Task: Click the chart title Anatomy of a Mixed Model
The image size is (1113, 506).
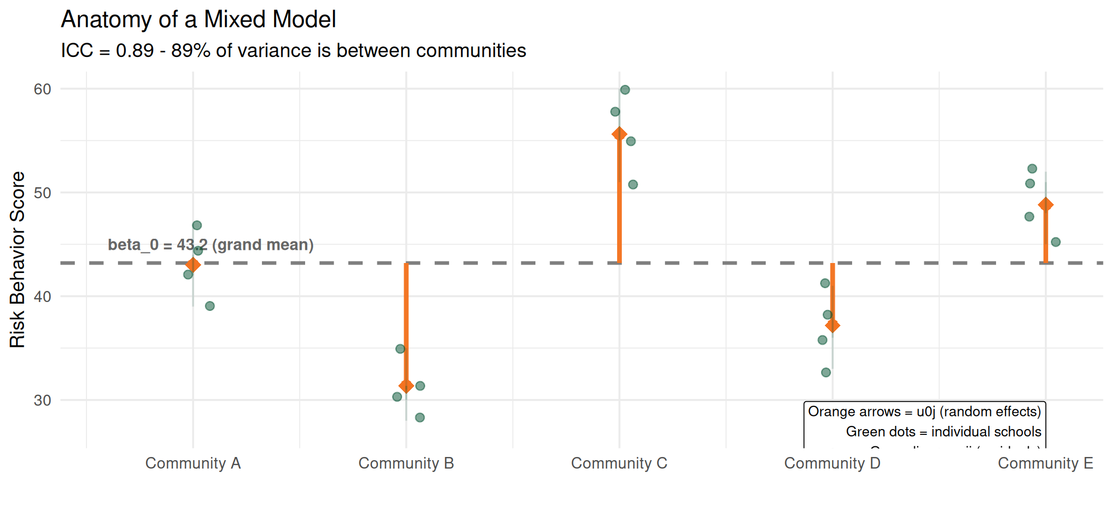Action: (x=198, y=20)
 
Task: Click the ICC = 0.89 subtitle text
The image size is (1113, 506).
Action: (x=293, y=51)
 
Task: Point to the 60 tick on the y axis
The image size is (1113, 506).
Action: (x=43, y=89)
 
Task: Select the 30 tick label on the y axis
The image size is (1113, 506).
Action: (x=43, y=400)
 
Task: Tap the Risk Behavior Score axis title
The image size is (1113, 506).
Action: (x=17, y=259)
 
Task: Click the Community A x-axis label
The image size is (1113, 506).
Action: (x=193, y=463)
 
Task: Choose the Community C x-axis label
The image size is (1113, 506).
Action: (x=619, y=463)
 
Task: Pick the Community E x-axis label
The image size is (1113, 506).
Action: (x=1046, y=463)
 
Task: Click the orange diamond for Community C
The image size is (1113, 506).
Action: (x=619, y=134)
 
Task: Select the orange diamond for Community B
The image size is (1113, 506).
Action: (x=406, y=386)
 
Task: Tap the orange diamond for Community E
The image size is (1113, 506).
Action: (x=1046, y=205)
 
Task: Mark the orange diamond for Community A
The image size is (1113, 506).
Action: (x=193, y=265)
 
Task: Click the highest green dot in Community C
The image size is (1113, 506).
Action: (x=625, y=90)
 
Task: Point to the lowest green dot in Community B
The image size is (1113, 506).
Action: (x=419, y=417)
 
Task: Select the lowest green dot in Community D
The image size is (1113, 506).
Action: (x=826, y=373)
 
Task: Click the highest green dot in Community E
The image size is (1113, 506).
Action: (x=1032, y=169)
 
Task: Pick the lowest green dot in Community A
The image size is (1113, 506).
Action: (x=210, y=306)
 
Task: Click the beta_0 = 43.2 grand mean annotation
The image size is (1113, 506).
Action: (x=211, y=245)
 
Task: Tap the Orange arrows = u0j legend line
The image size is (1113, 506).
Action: (x=924, y=412)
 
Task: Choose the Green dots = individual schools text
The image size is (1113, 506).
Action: (x=943, y=432)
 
